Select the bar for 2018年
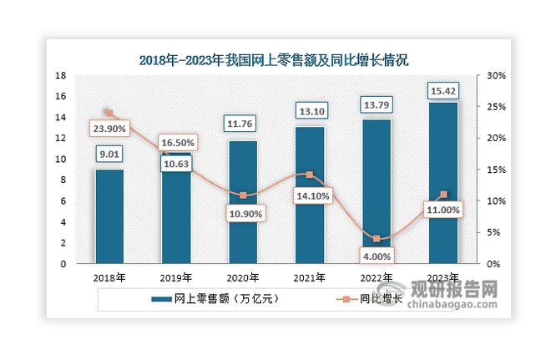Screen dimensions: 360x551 (109, 216)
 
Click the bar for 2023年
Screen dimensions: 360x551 (442, 183)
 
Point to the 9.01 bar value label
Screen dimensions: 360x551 (109, 153)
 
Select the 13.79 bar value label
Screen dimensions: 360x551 (376, 104)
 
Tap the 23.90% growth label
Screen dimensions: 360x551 (110, 129)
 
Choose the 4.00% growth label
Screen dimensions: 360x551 (377, 255)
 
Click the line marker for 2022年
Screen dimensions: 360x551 (377, 239)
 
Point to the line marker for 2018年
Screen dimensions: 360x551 (109, 113)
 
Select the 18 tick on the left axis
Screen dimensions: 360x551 (61, 75)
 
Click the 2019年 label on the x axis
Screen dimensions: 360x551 (176, 278)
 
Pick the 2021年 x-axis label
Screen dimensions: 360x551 (309, 278)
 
